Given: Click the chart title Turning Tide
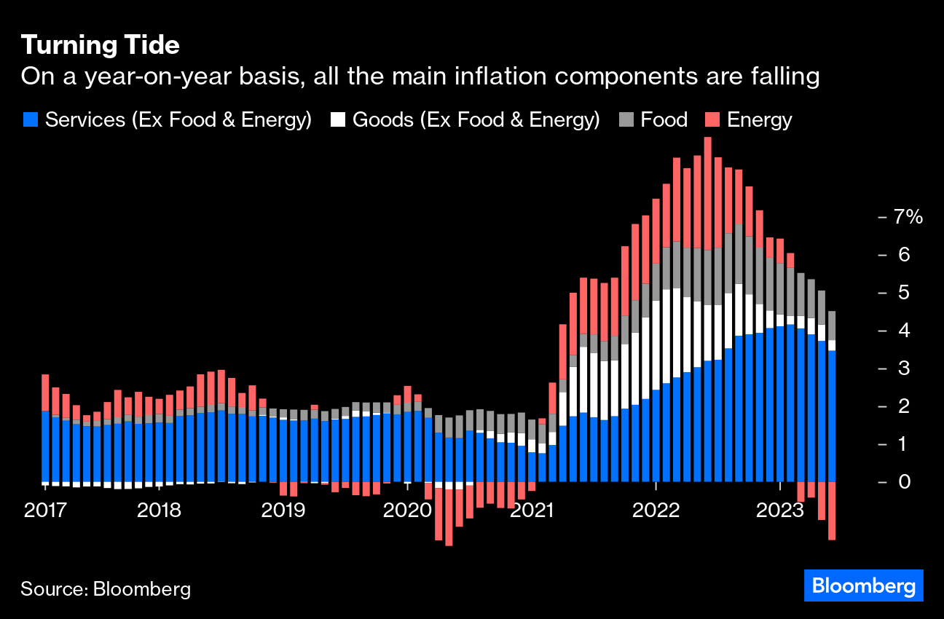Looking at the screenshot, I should pos(100,45).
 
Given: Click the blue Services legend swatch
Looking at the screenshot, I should pos(30,120).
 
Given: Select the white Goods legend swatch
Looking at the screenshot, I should pos(338,120).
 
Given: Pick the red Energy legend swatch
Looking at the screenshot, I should pos(712,120).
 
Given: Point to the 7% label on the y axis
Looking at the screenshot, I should pos(908,217).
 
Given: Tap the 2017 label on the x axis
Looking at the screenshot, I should pos(46,510).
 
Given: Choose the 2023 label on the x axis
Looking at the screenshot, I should pos(779,510).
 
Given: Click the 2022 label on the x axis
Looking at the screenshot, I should pos(656,510).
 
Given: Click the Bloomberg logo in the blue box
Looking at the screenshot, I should pos(863,586).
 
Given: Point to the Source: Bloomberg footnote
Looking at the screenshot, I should pos(106,588).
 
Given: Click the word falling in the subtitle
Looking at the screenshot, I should pos(782,76).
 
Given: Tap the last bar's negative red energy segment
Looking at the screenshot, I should pos(831,510).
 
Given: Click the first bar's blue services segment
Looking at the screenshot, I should pos(46,446).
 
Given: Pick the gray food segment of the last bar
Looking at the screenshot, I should pos(831,326).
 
